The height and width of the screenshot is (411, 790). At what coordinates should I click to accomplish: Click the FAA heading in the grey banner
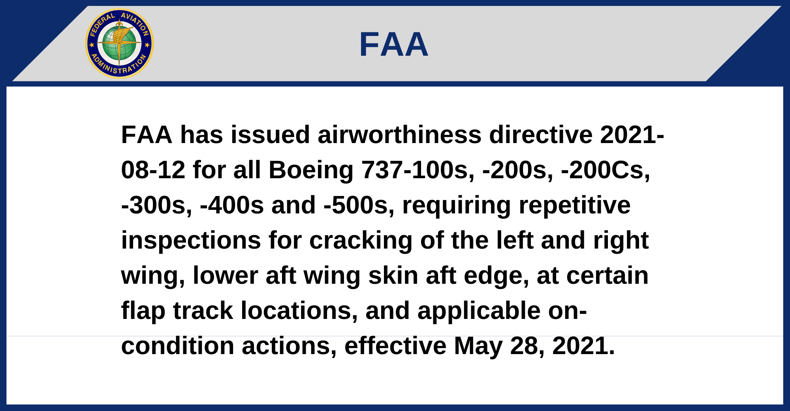point(393,44)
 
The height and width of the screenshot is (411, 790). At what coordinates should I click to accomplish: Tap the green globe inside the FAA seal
point(119,43)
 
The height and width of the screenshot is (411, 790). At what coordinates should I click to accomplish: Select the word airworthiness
point(399,135)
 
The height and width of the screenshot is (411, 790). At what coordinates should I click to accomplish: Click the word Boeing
point(311,170)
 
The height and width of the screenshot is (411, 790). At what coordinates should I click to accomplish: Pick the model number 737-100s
point(418,170)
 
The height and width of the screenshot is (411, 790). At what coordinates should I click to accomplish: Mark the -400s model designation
point(232,205)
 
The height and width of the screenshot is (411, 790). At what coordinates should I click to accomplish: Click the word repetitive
point(574,206)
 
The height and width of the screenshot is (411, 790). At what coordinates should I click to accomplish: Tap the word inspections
point(191,241)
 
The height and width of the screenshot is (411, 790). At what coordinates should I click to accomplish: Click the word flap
point(143,311)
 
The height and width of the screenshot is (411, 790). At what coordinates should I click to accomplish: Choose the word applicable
point(479,311)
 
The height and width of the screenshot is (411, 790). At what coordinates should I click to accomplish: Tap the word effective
point(395,346)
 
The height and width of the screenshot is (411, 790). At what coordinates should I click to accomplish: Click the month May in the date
point(478,347)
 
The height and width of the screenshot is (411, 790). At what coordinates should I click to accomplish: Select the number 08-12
point(153,170)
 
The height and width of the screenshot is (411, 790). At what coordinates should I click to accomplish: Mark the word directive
point(541,135)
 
